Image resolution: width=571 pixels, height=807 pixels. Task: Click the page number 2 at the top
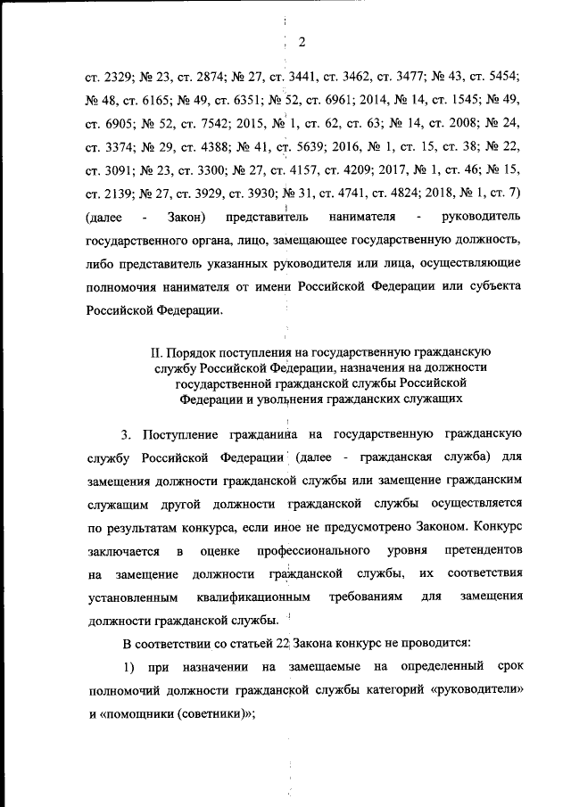(301, 42)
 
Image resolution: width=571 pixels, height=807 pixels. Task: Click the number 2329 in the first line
(116, 72)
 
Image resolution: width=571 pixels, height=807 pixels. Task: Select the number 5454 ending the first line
(503, 72)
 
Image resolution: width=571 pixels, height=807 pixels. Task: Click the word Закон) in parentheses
(186, 218)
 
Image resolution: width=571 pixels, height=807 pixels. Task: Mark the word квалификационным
(263, 595)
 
